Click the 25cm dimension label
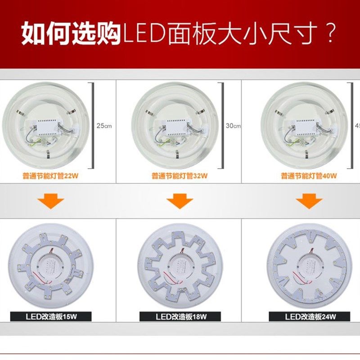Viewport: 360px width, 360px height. click(x=104, y=126)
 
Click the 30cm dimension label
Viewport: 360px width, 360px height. click(x=233, y=126)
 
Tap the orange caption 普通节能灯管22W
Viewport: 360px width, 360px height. click(x=49, y=176)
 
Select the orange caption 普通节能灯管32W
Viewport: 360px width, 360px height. click(x=180, y=176)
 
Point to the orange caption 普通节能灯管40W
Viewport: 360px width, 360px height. click(x=309, y=176)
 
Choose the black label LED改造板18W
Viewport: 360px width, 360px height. click(x=180, y=316)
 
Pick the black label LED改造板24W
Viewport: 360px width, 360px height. click(x=309, y=316)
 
